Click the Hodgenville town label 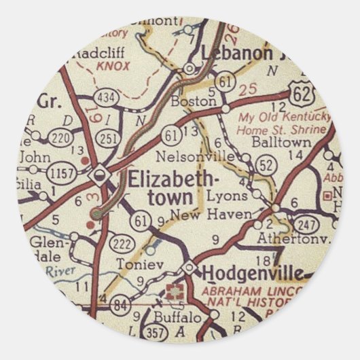(x=252, y=273)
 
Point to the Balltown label (x=281, y=143)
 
